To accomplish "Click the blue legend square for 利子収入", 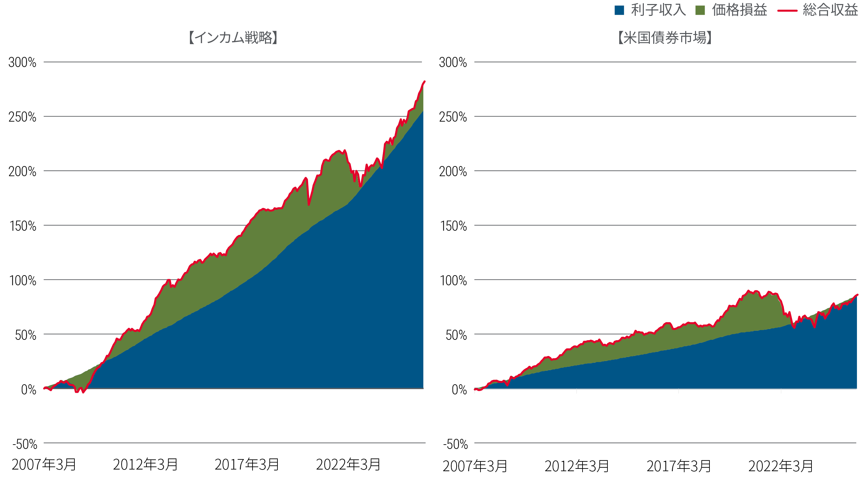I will click(x=619, y=10).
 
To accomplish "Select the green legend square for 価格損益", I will click(x=700, y=10).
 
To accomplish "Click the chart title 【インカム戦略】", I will click(x=233, y=37).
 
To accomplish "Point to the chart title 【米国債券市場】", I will click(x=665, y=37).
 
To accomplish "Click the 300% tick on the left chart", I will click(x=22, y=62).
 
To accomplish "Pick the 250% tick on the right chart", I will click(x=453, y=117).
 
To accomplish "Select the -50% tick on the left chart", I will click(x=25, y=444).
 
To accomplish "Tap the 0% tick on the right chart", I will click(x=459, y=389).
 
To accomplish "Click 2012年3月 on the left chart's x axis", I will click(x=145, y=464).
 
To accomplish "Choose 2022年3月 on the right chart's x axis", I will click(x=781, y=466).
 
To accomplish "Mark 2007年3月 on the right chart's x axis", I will click(x=475, y=466).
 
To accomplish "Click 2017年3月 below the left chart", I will click(x=247, y=464).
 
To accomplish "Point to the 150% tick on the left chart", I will click(x=23, y=226).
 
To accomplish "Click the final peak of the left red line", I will click(x=424, y=82).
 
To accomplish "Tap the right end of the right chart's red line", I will click(x=857, y=295).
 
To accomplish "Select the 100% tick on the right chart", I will click(x=453, y=280).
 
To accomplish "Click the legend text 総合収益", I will click(x=830, y=10).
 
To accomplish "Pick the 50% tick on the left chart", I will click(x=26, y=335).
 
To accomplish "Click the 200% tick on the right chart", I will click(x=453, y=171).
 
